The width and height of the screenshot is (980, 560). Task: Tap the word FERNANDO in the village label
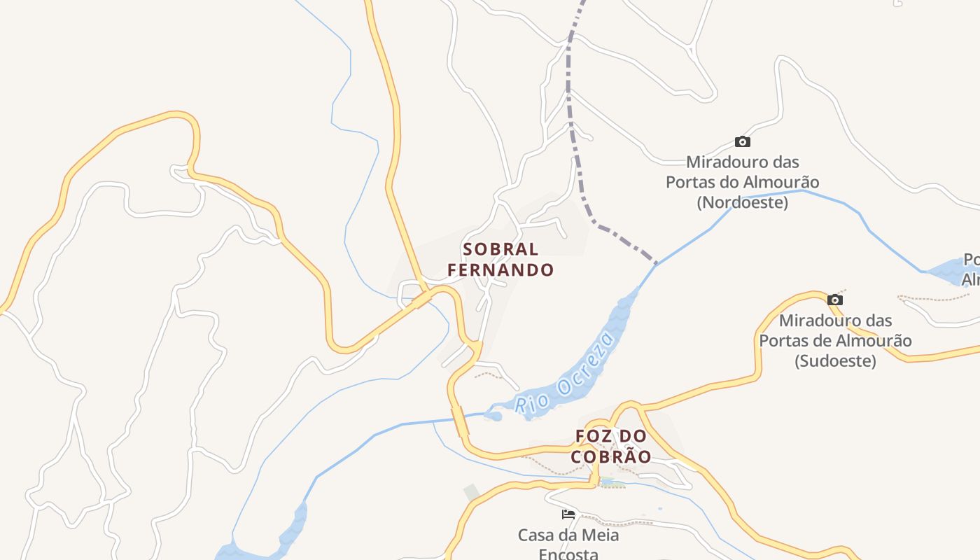(x=500, y=269)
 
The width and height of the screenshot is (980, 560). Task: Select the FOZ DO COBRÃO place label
(x=611, y=446)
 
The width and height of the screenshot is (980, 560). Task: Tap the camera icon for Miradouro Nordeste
(x=743, y=141)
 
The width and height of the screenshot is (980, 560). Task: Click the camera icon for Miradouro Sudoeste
(x=834, y=300)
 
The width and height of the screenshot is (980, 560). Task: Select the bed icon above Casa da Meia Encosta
(x=568, y=514)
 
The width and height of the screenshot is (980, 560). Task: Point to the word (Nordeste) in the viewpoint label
(x=742, y=203)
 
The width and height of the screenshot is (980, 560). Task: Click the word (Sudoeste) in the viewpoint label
(x=835, y=361)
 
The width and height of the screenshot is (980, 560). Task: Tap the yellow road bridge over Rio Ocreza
(x=461, y=422)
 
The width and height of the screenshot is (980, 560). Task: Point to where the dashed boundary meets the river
(x=656, y=264)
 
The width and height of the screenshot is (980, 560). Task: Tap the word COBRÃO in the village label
(x=611, y=456)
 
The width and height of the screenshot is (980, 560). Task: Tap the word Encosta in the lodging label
(x=568, y=554)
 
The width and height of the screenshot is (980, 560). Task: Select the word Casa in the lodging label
(x=536, y=535)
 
